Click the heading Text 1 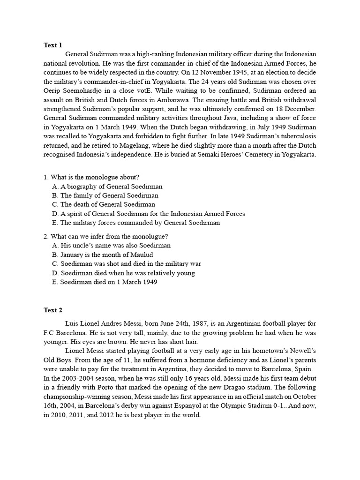pyautogui.click(x=53, y=45)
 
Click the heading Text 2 pyautogui.click(x=53, y=310)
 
